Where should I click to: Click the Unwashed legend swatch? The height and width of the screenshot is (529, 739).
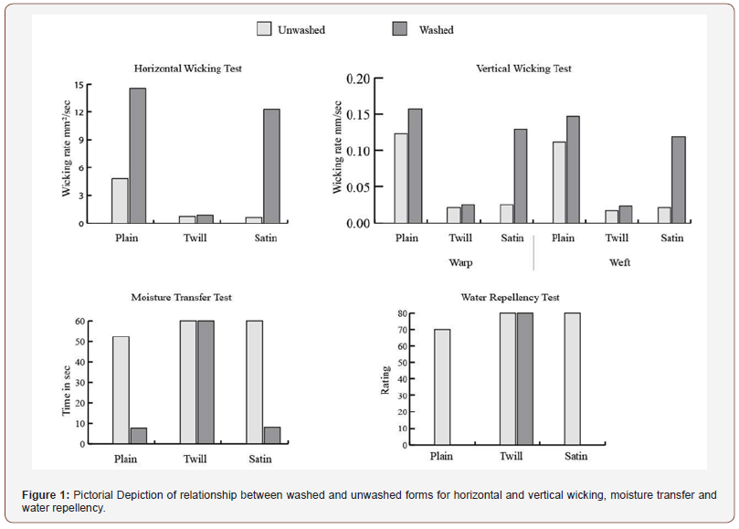[264, 28]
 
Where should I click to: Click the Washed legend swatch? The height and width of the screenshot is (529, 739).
[400, 28]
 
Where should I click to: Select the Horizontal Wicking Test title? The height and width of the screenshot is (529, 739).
[187, 69]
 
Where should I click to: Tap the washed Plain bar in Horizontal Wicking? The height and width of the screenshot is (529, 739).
[138, 155]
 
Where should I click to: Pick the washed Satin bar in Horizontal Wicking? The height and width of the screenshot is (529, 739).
[271, 166]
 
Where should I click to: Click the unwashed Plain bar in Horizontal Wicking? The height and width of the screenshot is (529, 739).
[120, 201]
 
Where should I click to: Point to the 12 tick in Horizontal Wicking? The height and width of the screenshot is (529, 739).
[79, 112]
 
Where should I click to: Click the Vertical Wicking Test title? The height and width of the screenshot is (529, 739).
[523, 69]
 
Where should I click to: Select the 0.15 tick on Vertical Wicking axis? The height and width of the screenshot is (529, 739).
[358, 114]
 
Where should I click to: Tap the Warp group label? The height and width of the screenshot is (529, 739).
[460, 262]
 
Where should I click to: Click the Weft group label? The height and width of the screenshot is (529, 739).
[619, 262]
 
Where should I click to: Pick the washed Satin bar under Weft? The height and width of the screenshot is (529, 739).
[679, 180]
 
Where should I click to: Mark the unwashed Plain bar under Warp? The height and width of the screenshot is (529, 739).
[401, 178]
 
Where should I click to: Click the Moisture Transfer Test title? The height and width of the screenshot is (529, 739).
[182, 298]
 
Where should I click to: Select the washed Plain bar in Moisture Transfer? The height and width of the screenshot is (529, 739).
[139, 436]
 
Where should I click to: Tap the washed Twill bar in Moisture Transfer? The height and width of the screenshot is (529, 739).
[206, 383]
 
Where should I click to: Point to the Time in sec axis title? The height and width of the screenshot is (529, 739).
[66, 391]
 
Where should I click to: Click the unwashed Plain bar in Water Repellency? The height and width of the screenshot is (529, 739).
[442, 387]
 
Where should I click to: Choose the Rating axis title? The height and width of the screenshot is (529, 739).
[385, 380]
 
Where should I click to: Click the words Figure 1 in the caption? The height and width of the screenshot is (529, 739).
[46, 495]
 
